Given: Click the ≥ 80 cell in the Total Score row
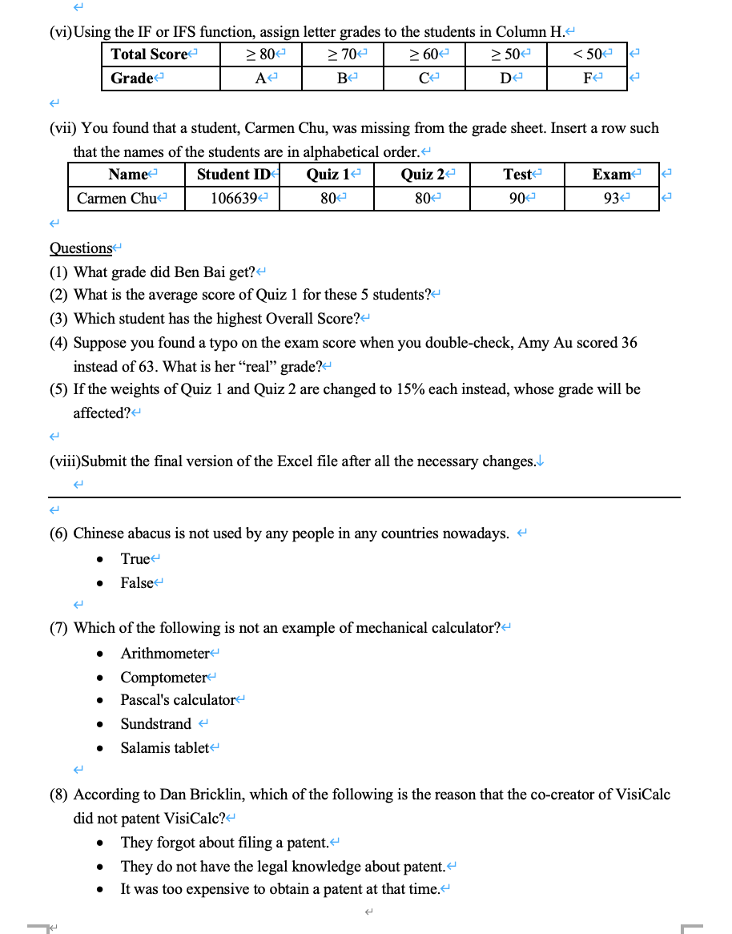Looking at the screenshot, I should point(260,54).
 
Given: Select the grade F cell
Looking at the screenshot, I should point(587,79).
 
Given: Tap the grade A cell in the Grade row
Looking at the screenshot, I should point(260,79).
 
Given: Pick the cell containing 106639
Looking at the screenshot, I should point(232,199).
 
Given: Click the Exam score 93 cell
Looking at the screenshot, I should point(612,199).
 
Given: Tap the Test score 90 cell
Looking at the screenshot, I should point(517,199).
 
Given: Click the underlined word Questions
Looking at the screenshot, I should point(81,248).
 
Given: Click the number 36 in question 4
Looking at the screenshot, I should point(629,343).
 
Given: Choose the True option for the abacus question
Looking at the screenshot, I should point(135,559).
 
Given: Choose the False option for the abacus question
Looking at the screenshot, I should point(136,583).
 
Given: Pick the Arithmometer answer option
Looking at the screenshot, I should point(164,654).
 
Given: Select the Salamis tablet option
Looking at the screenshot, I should point(164,748).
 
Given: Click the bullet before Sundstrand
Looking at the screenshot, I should point(99,725).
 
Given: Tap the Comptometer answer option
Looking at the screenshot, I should point(163,678).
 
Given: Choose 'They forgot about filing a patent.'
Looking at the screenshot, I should point(225,843).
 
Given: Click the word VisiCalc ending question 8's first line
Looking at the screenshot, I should point(643,795).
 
